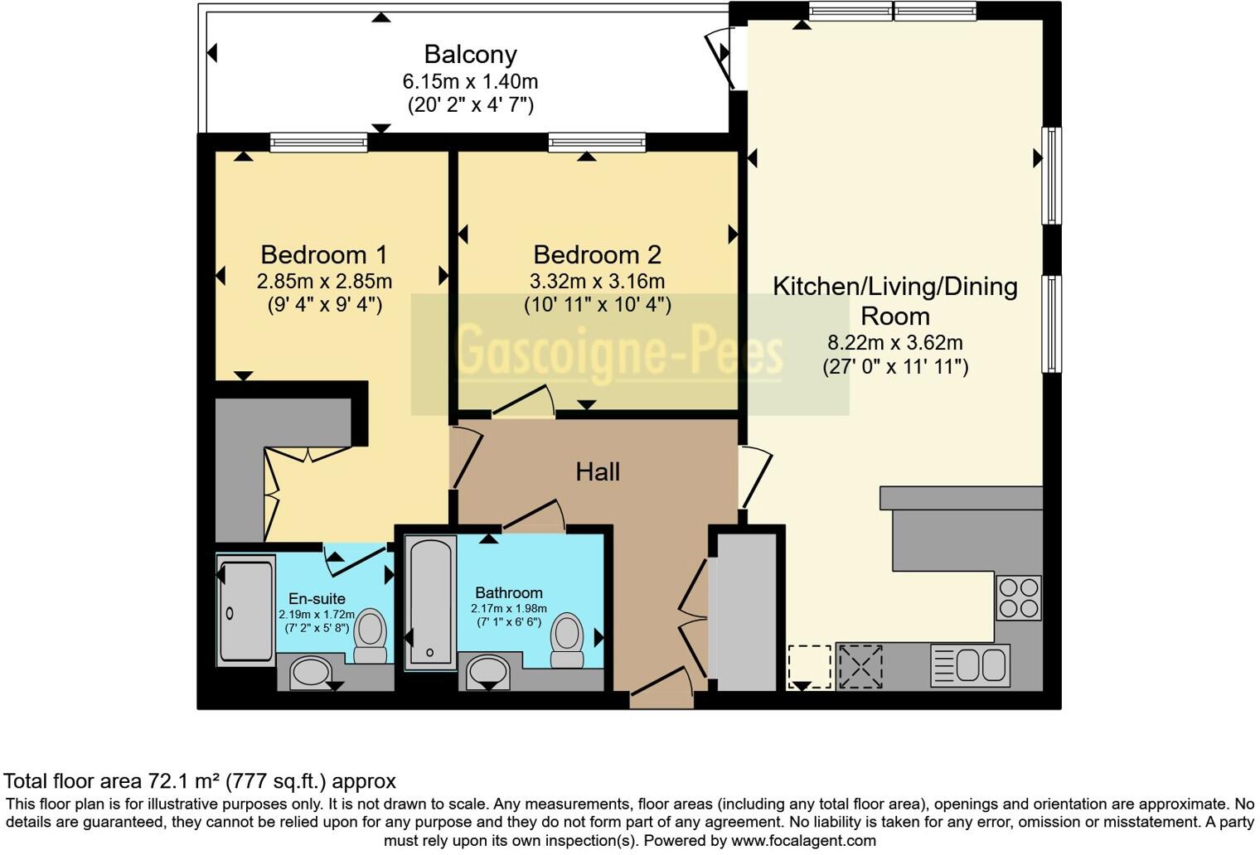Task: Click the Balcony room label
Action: (x=470, y=55)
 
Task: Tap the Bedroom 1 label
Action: (x=324, y=254)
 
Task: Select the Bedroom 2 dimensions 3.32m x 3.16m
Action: (x=597, y=282)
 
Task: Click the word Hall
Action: (x=598, y=472)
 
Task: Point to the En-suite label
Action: (x=317, y=598)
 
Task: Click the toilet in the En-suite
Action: (x=371, y=635)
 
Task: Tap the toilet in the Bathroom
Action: (x=568, y=640)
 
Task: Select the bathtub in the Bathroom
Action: (x=430, y=601)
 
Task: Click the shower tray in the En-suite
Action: (x=246, y=611)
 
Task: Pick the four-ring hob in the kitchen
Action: (x=1018, y=597)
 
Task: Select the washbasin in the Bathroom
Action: (x=488, y=672)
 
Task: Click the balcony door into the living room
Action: (x=720, y=56)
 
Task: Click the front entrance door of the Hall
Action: (x=661, y=685)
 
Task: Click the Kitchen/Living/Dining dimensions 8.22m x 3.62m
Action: (x=894, y=343)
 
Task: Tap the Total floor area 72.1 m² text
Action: (x=200, y=780)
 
